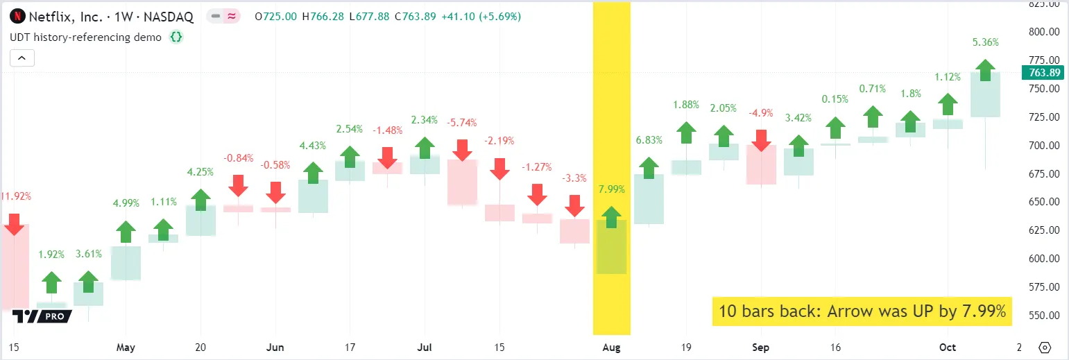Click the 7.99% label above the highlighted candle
pos(611,189)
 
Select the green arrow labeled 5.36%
pos(985,69)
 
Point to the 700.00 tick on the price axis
pos(1044,146)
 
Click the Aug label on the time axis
pos(611,347)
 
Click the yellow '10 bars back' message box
pos(862,311)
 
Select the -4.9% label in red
pos(761,113)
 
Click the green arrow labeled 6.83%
pos(649,168)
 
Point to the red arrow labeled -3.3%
pos(574,206)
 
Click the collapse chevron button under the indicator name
pos(22,58)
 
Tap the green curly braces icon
pos(176,37)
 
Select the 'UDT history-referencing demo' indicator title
pos(85,37)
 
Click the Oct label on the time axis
pos(948,347)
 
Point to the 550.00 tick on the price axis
pos(1044,315)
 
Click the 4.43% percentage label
pos(312,145)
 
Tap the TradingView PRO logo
pos(42,316)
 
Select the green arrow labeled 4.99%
pos(126,232)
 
